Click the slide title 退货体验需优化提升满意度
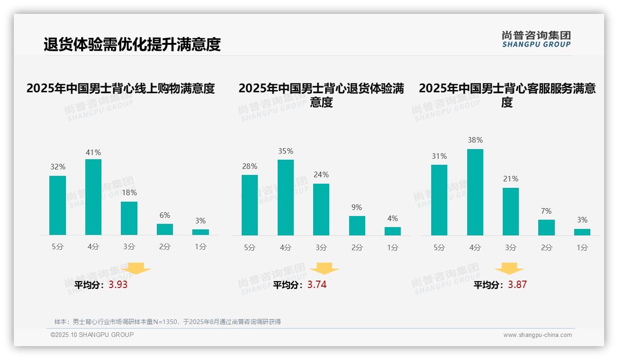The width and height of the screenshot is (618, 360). pos(132,44)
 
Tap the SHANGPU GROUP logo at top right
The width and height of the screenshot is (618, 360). pos(536,39)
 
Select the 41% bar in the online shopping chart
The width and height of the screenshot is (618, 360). pos(93,197)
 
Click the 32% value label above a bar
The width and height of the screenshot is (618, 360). pos(58,167)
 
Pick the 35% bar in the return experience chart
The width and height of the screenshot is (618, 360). pos(285,198)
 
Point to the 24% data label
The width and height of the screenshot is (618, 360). pos(321,175)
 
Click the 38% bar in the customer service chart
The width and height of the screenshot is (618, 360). pos(475,192)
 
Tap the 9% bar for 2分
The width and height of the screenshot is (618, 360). pos(357,226)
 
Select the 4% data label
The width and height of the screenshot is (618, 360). pos(392,219)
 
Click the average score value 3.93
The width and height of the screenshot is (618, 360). pos(118,285)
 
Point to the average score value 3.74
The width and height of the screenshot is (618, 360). pos(317,285)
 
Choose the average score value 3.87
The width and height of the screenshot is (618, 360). pos(517,285)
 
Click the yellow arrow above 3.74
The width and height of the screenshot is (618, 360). pos(324,269)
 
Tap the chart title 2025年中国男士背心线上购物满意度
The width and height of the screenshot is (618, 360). pos(120,88)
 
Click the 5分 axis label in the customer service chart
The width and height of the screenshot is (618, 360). pos(439,247)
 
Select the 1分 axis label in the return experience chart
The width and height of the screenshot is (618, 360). pos(392,247)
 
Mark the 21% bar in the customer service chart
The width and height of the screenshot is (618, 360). pos(511,211)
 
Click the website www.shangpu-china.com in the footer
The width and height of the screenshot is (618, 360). pos(537,335)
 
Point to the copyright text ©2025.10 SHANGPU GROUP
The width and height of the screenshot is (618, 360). pos(92,335)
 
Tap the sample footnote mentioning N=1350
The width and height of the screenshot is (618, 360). pos(167,322)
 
